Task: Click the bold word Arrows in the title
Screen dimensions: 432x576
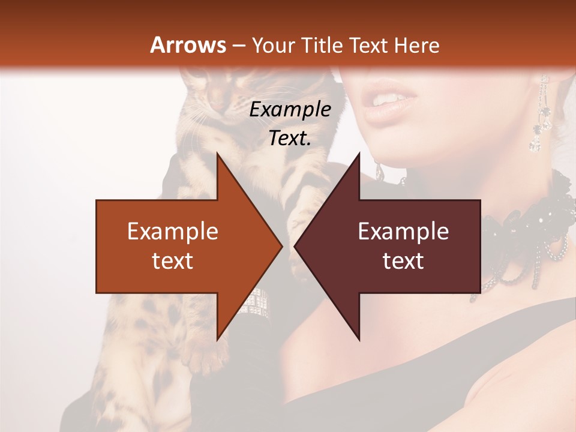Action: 188,45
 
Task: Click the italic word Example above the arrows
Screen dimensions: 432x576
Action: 290,110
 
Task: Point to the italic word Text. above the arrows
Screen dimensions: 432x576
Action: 290,139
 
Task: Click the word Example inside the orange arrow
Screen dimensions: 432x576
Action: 173,232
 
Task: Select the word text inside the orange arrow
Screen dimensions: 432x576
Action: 173,260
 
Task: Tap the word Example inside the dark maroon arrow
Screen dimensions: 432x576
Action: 403,232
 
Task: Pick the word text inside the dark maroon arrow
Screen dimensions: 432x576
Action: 403,260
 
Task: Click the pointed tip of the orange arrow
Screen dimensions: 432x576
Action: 281,246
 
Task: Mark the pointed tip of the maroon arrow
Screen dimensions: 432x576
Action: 296,246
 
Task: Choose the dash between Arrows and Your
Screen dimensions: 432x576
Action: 239,46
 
